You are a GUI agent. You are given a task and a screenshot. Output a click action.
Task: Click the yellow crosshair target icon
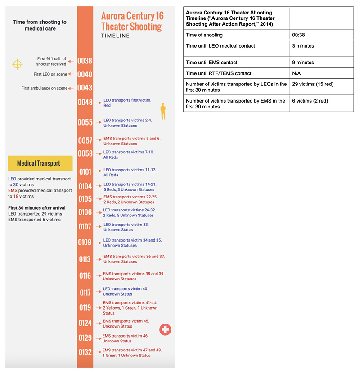[17, 64]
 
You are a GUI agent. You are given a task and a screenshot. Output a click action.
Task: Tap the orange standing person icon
[163, 111]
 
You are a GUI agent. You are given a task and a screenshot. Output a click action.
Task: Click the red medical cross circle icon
[165, 330]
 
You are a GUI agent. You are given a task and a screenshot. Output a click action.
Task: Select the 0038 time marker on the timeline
[85, 61]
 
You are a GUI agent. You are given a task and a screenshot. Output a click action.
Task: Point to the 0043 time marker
[85, 88]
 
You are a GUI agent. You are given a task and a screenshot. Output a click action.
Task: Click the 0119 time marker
[85, 307]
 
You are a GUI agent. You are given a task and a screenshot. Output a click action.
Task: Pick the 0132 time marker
[85, 352]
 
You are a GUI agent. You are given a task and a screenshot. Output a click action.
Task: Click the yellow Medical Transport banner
[40, 163]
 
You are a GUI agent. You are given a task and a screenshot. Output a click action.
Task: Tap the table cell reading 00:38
[321, 35]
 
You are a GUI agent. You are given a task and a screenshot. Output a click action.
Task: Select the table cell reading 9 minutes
[321, 63]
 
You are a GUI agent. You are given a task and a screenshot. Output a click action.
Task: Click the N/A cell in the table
[321, 73]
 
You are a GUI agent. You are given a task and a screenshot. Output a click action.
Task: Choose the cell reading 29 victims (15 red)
[321, 84]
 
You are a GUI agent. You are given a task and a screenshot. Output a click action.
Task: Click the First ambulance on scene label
[44, 88]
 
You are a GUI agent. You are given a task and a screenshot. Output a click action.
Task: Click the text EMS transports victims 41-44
[130, 303]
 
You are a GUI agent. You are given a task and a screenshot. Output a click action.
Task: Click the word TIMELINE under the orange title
[115, 36]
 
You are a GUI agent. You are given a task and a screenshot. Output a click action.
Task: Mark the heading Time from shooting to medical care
[39, 25]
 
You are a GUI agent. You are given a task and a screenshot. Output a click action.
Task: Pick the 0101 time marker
[85, 172]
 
